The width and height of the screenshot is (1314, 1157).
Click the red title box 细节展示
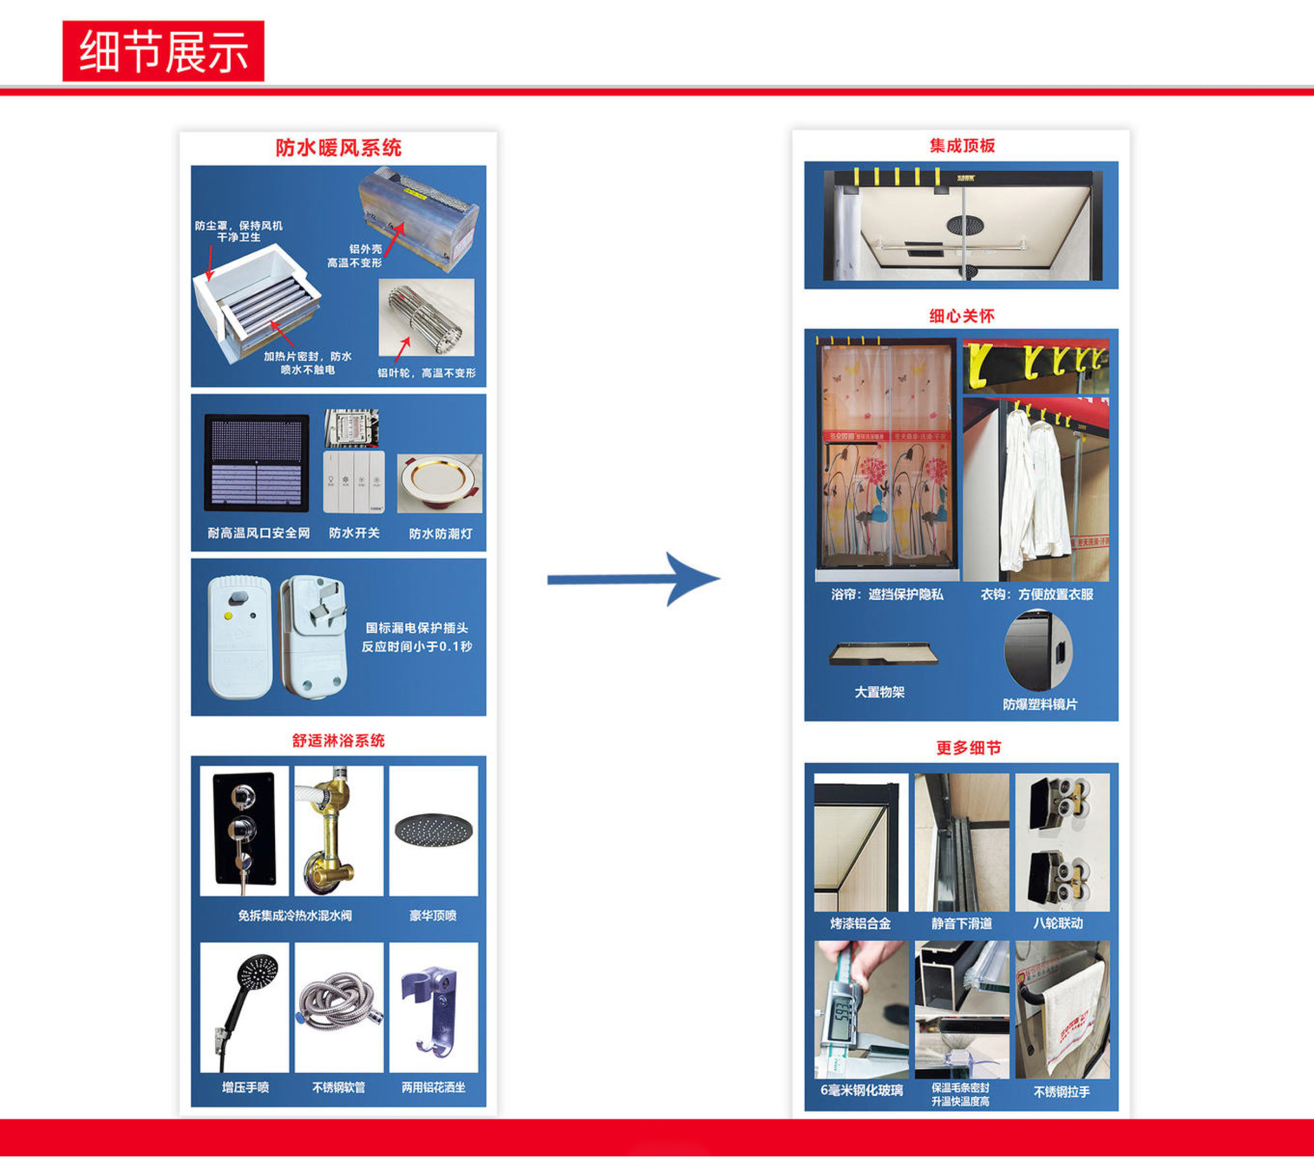163,51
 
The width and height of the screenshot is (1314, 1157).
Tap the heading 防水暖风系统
338,147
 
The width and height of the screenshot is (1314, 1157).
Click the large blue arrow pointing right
632,579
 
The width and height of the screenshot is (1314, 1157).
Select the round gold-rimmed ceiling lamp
439,482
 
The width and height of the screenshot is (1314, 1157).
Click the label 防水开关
354,533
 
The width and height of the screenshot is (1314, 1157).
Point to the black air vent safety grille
257,463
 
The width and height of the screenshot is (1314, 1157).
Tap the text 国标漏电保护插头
416,628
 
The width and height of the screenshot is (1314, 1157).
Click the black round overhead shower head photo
434,829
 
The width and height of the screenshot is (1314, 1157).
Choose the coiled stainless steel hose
339,1003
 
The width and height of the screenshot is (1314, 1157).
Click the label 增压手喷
245,1087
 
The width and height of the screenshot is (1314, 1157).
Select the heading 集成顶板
962,146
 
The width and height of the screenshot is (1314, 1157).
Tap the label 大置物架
879,692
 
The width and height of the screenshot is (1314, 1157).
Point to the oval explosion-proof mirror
1038,651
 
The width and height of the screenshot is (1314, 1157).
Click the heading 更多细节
968,748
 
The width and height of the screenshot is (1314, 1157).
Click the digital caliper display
845,1013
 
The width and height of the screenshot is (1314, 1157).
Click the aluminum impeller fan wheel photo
426,317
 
